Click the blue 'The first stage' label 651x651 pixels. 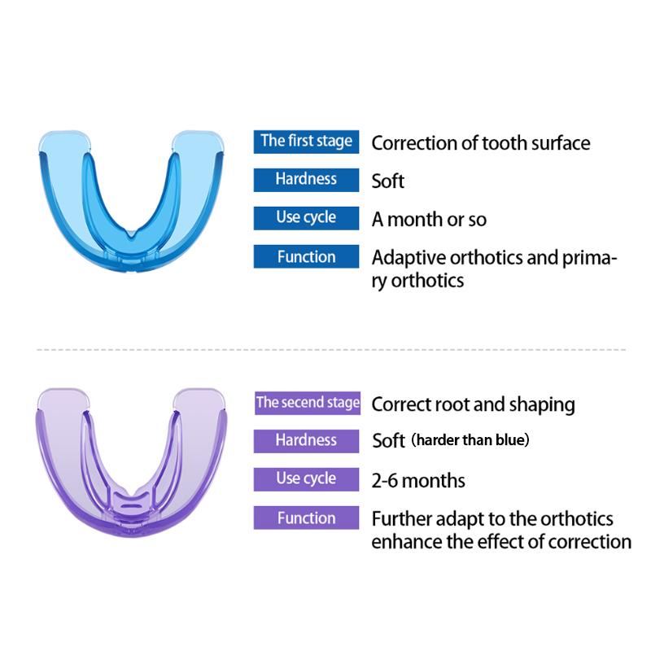coord(307,142)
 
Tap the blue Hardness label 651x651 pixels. coord(307,180)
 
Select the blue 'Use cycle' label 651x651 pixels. coord(307,218)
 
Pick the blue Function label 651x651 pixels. coord(307,256)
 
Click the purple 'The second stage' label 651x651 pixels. coord(308,403)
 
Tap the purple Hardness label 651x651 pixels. coord(307,441)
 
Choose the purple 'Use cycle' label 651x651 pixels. coord(307,479)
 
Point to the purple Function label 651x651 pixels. coord(307,518)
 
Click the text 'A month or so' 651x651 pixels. coord(430,219)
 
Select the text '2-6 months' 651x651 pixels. coord(418,481)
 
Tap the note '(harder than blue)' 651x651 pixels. coord(470,439)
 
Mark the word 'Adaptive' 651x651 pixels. coord(409,258)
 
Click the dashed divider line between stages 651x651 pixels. coord(331,350)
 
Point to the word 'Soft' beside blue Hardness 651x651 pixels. coord(388,181)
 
